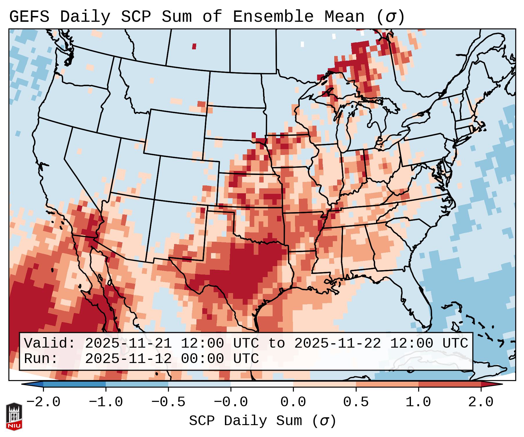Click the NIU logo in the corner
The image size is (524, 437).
click(14, 416)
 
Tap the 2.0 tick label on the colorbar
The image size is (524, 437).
click(481, 402)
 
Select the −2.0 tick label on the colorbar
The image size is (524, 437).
click(43, 402)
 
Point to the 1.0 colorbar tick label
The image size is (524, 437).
click(418, 402)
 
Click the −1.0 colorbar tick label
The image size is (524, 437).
click(106, 402)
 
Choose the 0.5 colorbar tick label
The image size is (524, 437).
click(356, 402)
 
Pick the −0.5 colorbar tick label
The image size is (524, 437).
click(168, 402)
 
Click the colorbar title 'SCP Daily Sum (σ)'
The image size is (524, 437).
click(262, 421)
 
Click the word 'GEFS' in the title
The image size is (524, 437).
click(29, 17)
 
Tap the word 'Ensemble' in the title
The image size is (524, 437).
click(273, 17)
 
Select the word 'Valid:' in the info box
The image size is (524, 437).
click(49, 343)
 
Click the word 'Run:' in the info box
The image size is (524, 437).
click(41, 359)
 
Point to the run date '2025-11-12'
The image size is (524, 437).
click(128, 359)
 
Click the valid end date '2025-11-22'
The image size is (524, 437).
click(337, 343)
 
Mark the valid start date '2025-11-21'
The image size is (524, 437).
click(128, 343)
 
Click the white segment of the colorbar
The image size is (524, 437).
click(262, 384)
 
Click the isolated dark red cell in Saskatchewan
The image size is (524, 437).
click(194, 46)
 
